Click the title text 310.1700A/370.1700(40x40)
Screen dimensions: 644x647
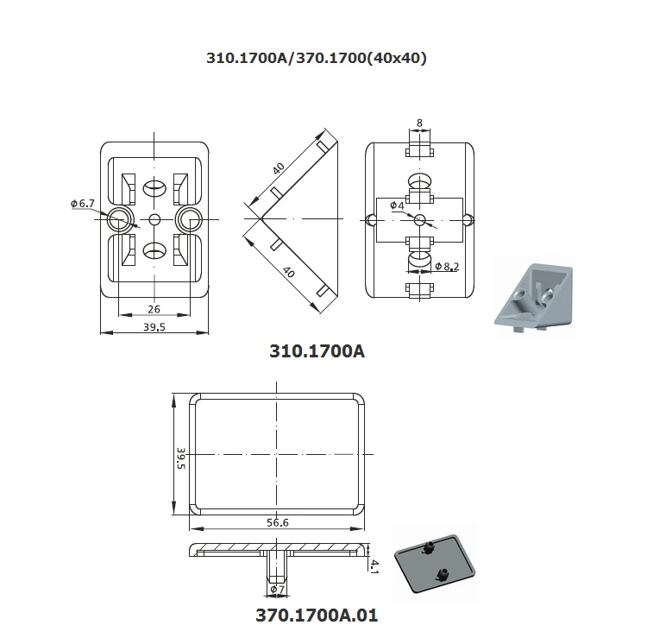316,59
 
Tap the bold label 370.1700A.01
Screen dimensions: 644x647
317,616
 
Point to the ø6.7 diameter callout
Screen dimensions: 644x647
83,203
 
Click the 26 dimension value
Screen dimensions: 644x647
154,309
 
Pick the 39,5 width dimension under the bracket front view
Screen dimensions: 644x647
154,327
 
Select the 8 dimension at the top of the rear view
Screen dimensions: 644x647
419,123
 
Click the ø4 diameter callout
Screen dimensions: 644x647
397,205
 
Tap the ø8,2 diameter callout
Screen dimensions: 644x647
447,266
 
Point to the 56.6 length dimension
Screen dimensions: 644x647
278,521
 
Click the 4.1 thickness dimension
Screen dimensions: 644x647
374,566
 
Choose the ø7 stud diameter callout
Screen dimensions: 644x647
277,589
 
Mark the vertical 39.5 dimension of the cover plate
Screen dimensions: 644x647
180,458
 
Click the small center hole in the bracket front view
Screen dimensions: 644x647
154,218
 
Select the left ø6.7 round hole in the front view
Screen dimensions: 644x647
118,218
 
